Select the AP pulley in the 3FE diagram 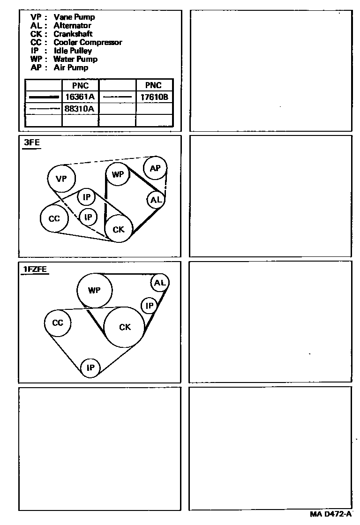click(x=155, y=168)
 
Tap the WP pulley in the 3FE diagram click(x=117, y=175)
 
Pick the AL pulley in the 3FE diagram click(x=156, y=200)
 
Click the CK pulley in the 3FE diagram click(x=119, y=229)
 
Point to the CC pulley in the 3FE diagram click(x=54, y=218)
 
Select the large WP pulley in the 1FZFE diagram click(x=95, y=291)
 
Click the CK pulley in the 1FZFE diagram click(x=125, y=327)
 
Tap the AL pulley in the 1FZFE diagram click(x=160, y=283)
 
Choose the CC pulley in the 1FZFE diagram click(x=58, y=323)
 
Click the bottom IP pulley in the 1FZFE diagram click(x=90, y=368)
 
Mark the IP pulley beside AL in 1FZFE click(x=150, y=306)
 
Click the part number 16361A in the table click(x=80, y=97)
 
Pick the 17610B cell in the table click(x=154, y=97)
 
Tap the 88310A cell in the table click(x=80, y=109)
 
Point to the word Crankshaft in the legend click(x=73, y=34)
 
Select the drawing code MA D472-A click(x=330, y=514)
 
